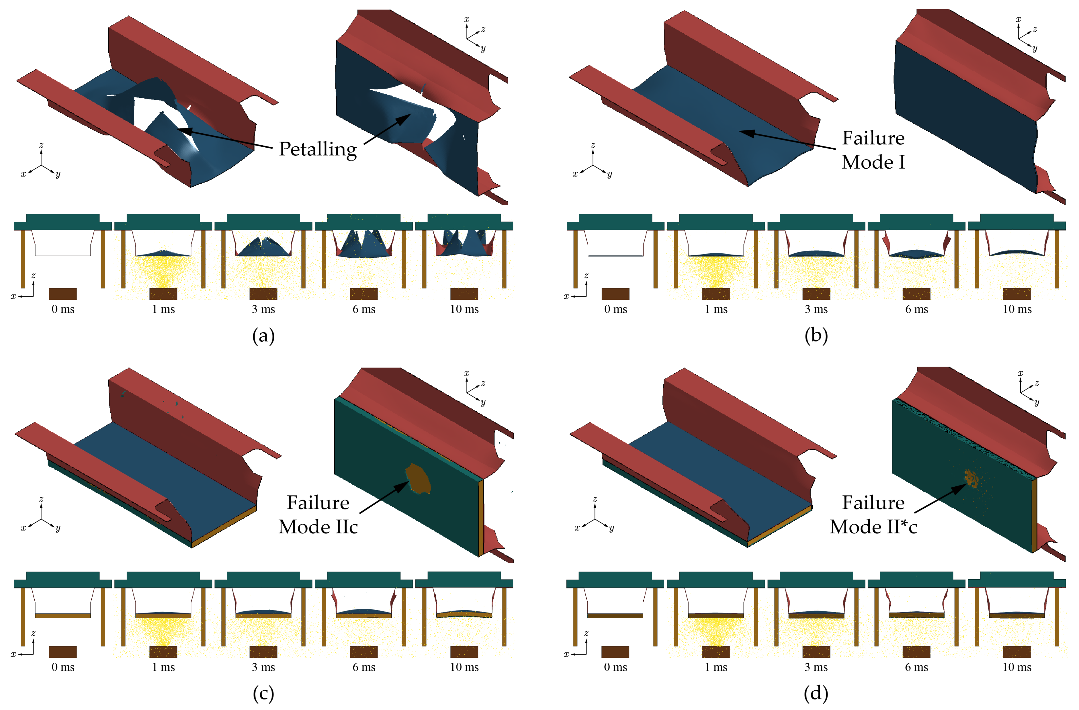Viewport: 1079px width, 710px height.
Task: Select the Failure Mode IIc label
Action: point(318,515)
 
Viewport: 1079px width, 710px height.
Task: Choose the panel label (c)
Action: point(263,693)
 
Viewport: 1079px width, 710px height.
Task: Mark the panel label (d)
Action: point(816,693)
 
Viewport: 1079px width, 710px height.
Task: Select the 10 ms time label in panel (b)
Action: point(1017,309)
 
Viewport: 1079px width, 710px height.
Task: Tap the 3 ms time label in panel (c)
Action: point(263,667)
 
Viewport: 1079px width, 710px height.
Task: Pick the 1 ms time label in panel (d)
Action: point(716,667)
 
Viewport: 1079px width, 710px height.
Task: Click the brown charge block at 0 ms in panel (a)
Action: point(63,294)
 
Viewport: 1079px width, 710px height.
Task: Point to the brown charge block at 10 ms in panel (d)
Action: point(1017,652)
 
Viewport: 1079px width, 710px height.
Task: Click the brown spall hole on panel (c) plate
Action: point(418,479)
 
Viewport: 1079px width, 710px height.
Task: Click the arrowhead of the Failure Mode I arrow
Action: point(746,132)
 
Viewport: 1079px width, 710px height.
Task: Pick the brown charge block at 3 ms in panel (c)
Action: point(263,652)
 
